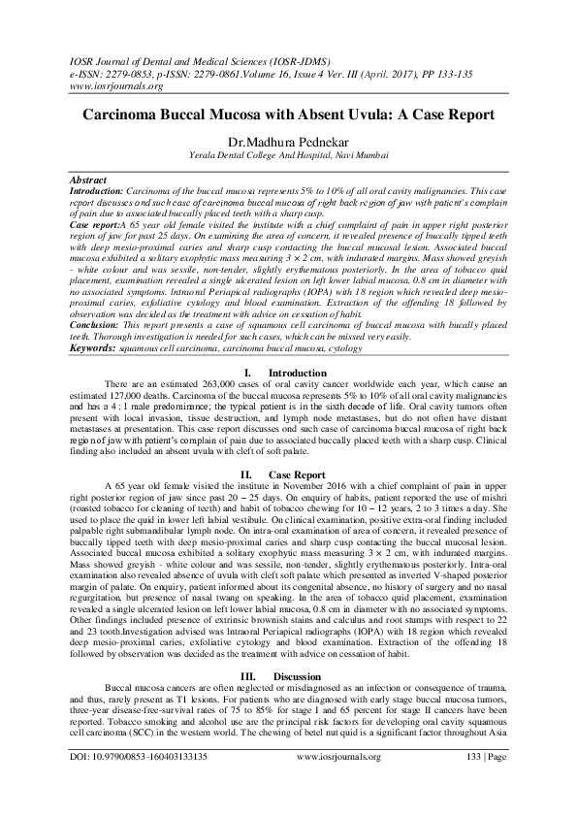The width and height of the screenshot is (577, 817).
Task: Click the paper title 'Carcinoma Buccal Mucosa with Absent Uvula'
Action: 288,114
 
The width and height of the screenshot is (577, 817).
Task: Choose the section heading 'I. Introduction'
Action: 288,373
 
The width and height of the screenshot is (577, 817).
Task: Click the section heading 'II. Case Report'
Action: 287,473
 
